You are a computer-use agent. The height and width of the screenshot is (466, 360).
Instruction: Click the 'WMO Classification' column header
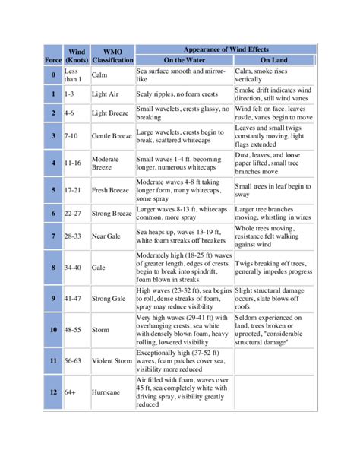coord(112,54)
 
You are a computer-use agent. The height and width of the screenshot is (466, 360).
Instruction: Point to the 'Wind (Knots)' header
coord(76,54)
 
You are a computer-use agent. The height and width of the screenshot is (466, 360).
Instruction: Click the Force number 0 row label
coord(52,75)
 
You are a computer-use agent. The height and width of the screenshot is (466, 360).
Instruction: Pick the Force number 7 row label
coord(52,236)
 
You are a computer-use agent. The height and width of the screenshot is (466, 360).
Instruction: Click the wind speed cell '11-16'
coord(74,163)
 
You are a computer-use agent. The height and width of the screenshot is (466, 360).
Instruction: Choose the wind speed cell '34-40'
coord(74,268)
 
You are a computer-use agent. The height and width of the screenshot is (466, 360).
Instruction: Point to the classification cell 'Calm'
coord(99,75)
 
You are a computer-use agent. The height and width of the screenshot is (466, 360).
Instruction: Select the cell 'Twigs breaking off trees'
coord(273,268)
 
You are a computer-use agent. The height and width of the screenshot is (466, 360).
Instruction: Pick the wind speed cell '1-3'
coord(70,94)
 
